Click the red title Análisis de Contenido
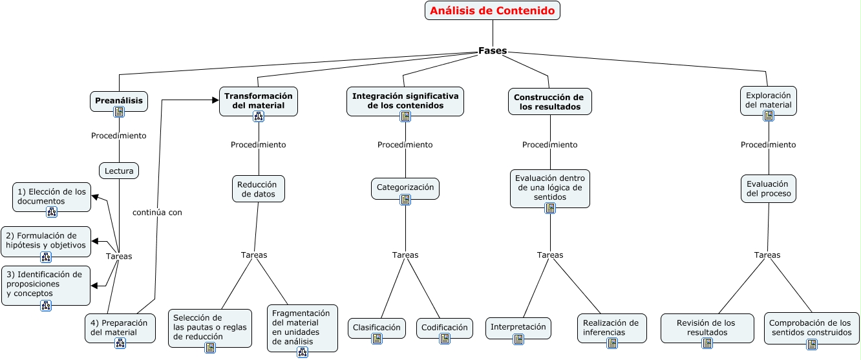[x=493, y=10]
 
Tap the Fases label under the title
[x=493, y=50]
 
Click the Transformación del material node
[x=259, y=100]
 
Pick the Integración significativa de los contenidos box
[x=405, y=100]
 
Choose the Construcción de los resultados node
[x=549, y=101]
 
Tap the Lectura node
[x=119, y=171]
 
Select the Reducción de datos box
[x=257, y=189]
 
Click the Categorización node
[x=405, y=187]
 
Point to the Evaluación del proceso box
[x=768, y=188]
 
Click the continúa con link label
[x=157, y=212]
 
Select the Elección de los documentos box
[x=52, y=196]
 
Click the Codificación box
[x=444, y=328]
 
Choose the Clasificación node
[x=377, y=328]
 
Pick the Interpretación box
[x=518, y=327]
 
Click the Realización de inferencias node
[x=611, y=328]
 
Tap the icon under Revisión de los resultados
[x=707, y=343]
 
